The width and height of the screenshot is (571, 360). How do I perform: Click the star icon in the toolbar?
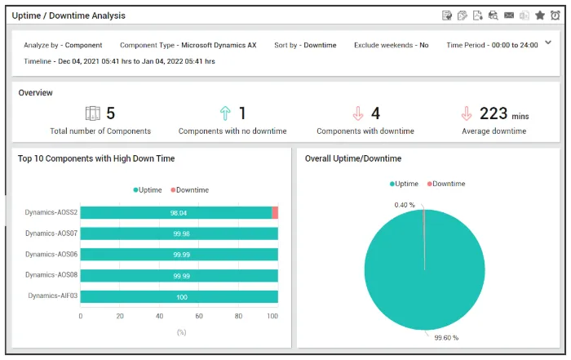click(540, 16)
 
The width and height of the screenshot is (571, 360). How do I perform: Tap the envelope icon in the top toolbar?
click(509, 16)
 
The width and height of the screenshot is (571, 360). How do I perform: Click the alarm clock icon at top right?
click(555, 16)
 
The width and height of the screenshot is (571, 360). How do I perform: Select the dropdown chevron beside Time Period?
click(548, 42)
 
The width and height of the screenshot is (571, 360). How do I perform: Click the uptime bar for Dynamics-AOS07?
click(179, 233)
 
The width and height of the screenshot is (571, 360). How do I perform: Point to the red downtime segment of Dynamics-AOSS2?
click(275, 213)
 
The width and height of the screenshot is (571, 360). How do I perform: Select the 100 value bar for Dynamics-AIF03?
click(179, 297)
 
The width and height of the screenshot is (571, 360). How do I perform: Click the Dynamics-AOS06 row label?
click(51, 255)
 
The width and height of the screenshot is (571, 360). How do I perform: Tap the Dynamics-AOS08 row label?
click(51, 275)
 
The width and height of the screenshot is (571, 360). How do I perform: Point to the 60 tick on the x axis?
click(199, 316)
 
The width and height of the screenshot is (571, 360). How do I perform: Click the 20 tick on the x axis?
click(120, 316)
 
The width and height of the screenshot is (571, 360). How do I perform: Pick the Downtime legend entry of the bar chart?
click(190, 190)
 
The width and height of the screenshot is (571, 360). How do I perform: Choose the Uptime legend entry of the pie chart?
click(404, 184)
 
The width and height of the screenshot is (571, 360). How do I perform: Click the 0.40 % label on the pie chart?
click(405, 205)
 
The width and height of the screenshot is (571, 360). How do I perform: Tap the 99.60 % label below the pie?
click(446, 338)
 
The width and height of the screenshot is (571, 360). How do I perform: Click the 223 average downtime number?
click(494, 113)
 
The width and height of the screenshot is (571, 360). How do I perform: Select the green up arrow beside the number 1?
click(225, 113)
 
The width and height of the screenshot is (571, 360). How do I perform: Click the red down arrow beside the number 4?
click(358, 113)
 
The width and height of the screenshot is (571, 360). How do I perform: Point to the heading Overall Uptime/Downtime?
click(353, 158)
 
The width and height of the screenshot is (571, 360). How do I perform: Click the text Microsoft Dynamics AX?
click(219, 45)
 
